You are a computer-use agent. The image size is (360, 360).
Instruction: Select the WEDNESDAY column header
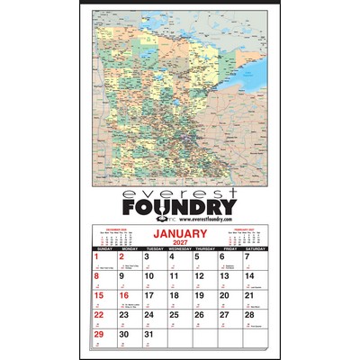coord(179,248)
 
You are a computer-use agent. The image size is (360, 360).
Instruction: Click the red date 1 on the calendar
coord(96,257)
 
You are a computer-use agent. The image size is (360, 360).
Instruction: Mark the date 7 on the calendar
coord(247,257)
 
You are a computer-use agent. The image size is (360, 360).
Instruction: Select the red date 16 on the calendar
coord(124,295)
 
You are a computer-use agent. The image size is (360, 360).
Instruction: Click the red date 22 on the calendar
coord(98,314)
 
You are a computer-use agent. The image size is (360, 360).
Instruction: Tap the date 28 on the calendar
coord(248,314)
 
